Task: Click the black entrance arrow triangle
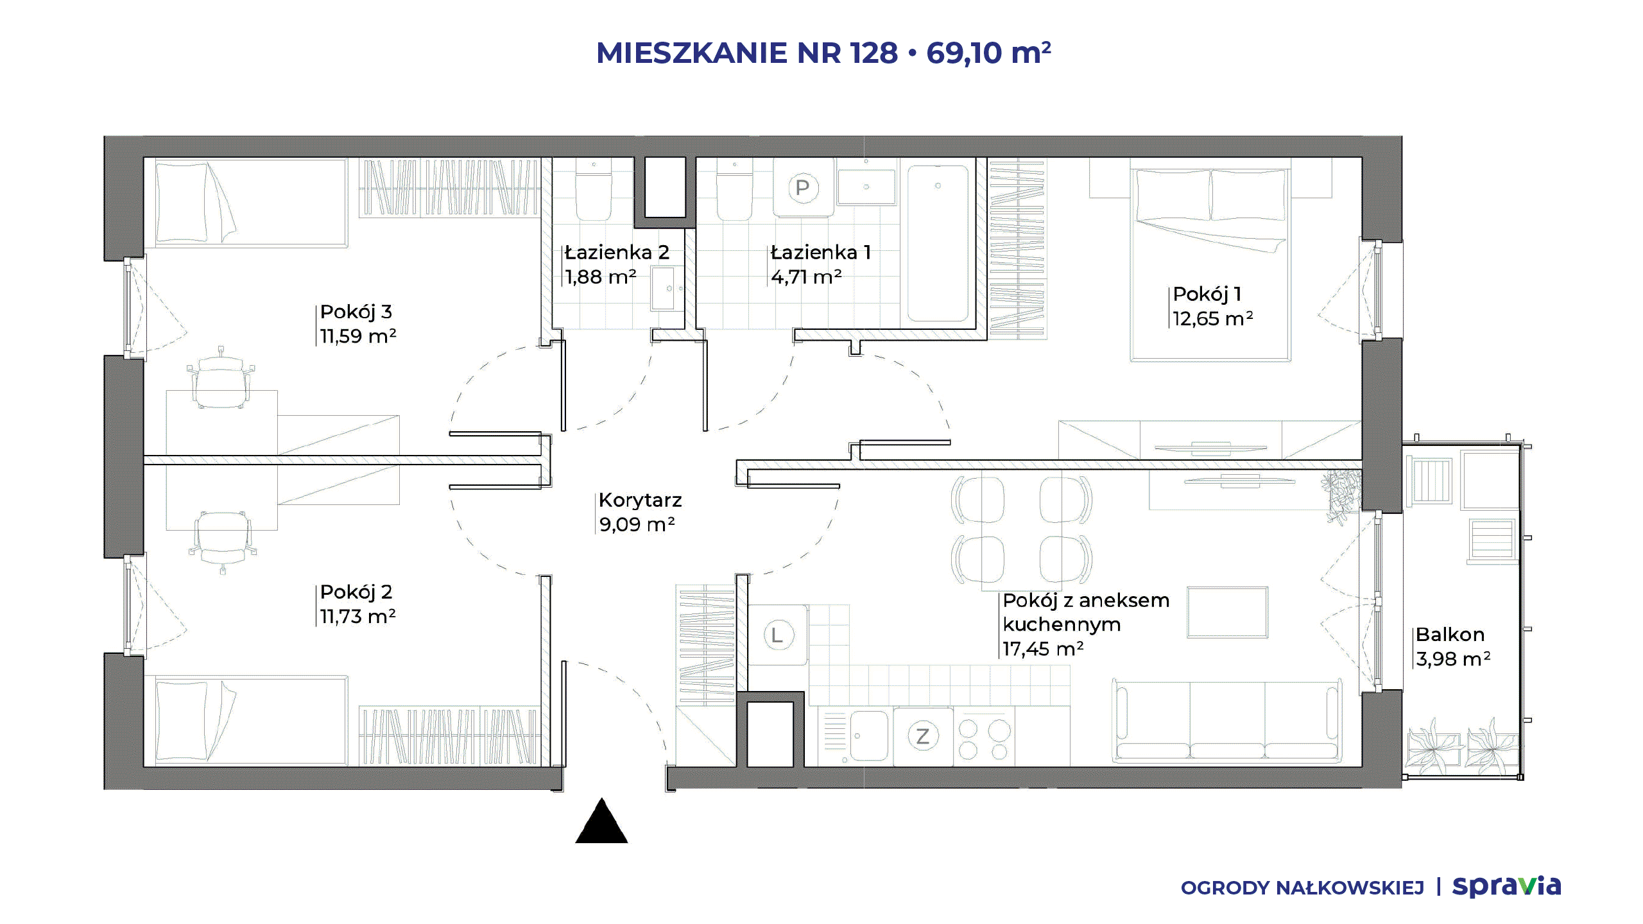[601, 821]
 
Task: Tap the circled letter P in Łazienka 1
[802, 188]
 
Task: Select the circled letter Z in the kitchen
[923, 736]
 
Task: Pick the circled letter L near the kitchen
[778, 635]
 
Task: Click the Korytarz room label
[640, 500]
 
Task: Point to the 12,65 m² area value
[1212, 318]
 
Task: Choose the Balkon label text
[1450, 635]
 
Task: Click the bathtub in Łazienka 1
[938, 243]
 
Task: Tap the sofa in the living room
[1227, 723]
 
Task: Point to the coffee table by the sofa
[1227, 612]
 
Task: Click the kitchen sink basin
[869, 735]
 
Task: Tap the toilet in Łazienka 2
[594, 190]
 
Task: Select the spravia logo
[1506, 886]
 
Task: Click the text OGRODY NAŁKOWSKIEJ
[1302, 888]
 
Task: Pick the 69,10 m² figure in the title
[988, 53]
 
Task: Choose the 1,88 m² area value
[601, 277]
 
